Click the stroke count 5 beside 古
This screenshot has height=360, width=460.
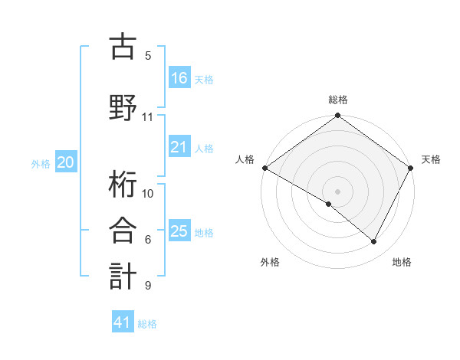148,55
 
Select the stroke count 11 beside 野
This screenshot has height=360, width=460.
148,117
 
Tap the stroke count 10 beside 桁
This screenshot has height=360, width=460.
148,193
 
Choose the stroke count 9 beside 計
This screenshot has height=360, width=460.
148,286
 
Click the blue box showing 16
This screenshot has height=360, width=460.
179,77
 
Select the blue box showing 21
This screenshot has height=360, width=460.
179,147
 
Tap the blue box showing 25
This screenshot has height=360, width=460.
179,231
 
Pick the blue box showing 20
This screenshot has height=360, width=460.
66,162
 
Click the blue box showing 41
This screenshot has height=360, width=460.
123,322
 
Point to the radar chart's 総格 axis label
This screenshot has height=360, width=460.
338,100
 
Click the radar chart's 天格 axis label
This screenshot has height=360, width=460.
431,159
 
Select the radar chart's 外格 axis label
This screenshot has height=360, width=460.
270,262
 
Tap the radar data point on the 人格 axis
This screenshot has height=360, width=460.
264,168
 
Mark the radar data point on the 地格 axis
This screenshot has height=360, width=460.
374,241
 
